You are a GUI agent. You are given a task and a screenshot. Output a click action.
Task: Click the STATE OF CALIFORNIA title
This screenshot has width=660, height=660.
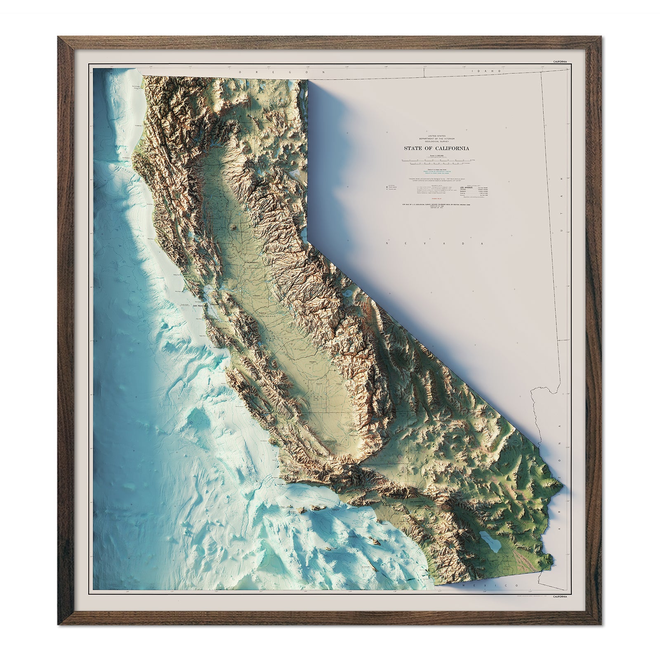pyautogui.click(x=436, y=148)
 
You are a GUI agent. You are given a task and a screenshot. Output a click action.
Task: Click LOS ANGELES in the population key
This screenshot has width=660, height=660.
pyautogui.click(x=468, y=188)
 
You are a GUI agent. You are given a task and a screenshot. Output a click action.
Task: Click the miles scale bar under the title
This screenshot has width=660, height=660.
pyautogui.click(x=436, y=159)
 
